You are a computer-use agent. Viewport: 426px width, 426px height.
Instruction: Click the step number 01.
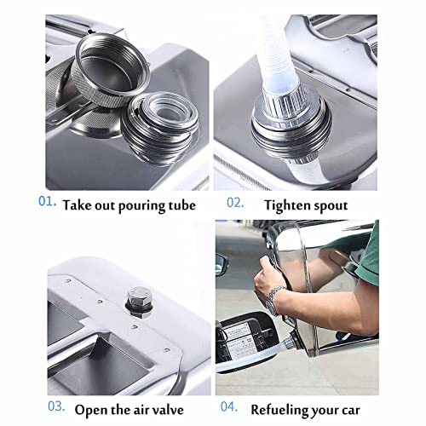[x=47, y=201]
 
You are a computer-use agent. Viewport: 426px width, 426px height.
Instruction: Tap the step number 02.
[x=235, y=203]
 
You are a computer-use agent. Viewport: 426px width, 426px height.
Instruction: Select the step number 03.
[x=56, y=406]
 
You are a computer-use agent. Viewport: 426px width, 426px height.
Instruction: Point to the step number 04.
[x=229, y=406]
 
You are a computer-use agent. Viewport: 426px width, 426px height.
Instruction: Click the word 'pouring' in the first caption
[x=141, y=206]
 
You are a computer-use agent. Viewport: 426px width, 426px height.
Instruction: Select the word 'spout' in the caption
[x=330, y=206]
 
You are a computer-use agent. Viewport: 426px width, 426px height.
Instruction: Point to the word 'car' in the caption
[x=351, y=412]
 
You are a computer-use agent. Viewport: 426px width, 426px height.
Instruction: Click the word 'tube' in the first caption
[x=182, y=205]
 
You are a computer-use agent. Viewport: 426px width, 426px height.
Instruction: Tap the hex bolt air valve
[x=139, y=302]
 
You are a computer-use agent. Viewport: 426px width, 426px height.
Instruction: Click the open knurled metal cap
[x=110, y=70]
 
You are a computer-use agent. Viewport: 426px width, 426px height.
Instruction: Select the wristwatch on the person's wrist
[x=273, y=301]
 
